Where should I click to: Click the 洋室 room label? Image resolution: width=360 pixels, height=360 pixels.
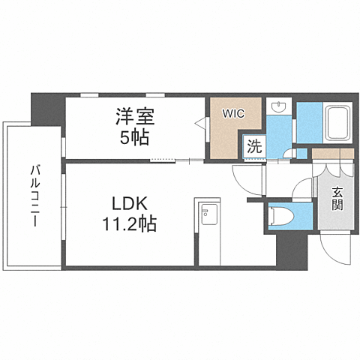pos(134,117)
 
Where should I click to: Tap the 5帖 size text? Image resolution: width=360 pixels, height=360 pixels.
pos(135,137)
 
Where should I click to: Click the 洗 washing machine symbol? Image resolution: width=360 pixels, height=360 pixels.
pos(254,147)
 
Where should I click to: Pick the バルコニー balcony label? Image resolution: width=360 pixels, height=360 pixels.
pos(34,196)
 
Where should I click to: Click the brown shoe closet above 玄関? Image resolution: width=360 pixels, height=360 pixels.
pos(331,154)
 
